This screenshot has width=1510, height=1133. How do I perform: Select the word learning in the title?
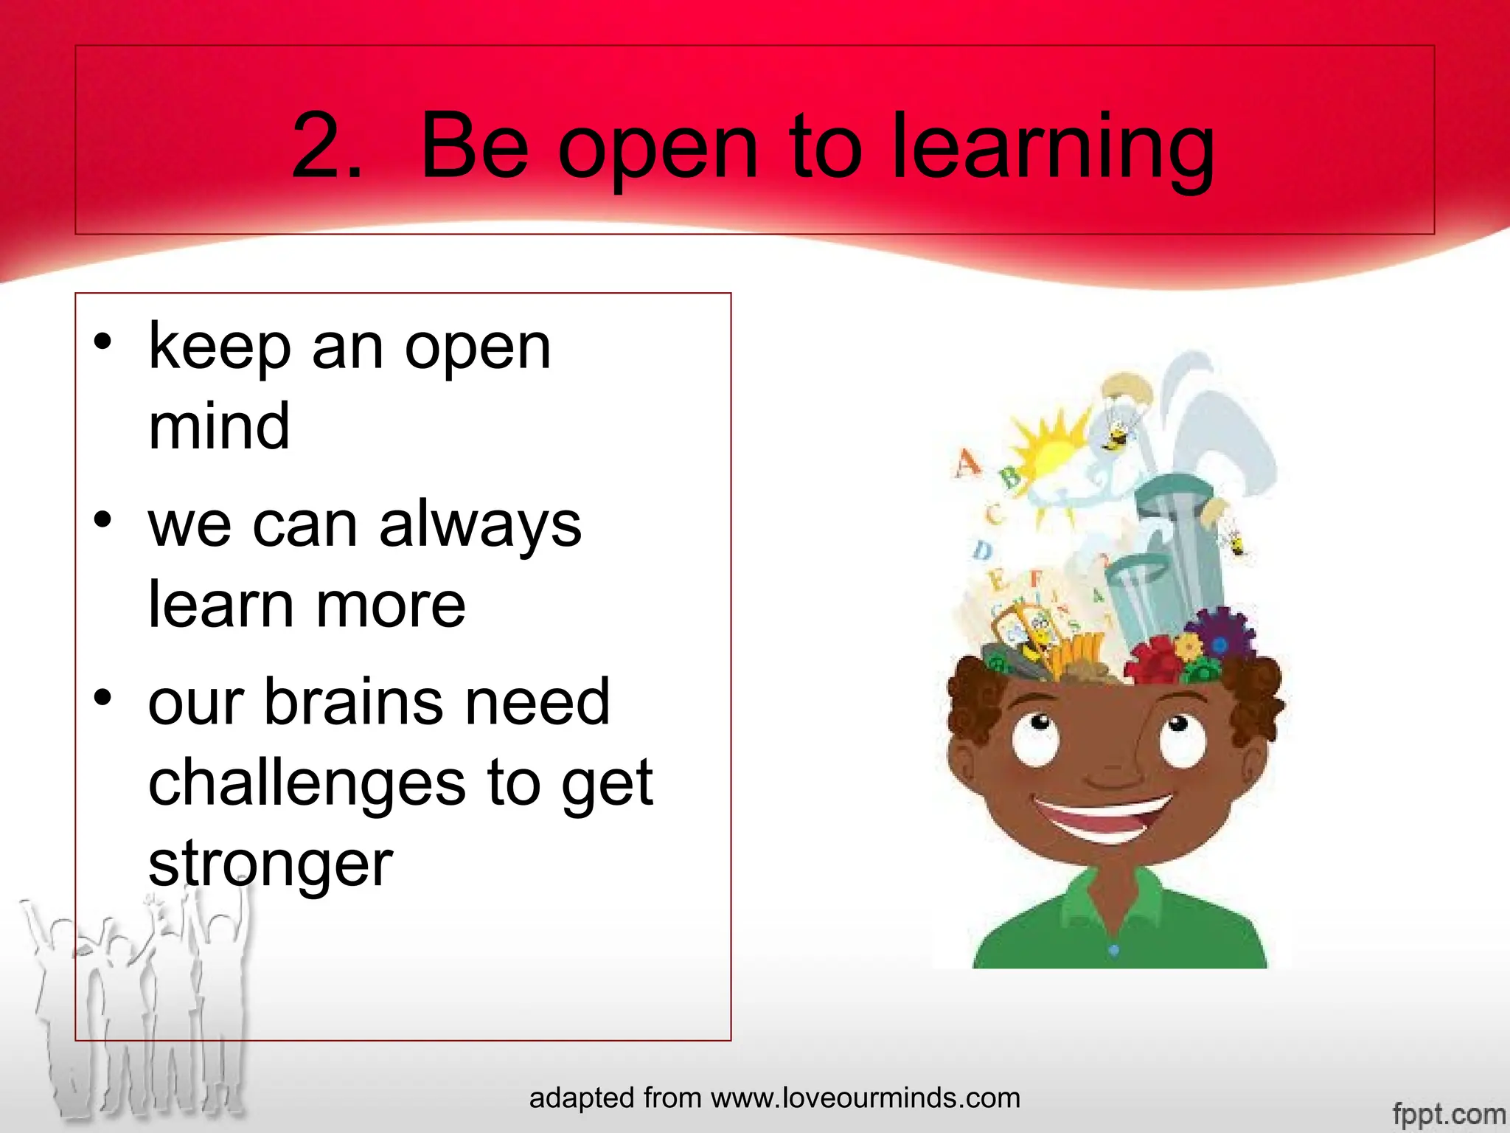pos(1053,150)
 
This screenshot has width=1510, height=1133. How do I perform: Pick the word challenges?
pos(307,782)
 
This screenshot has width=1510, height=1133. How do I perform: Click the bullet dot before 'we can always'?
pos(102,520)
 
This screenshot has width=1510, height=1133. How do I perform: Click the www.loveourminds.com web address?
pos(866,1098)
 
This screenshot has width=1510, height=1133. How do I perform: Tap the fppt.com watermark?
pos(1448,1113)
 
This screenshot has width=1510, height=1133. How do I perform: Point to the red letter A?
pos(967,464)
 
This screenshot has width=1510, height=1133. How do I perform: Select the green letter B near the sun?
pos(1010,477)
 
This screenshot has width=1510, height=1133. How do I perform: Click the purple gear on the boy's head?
pos(1220,638)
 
